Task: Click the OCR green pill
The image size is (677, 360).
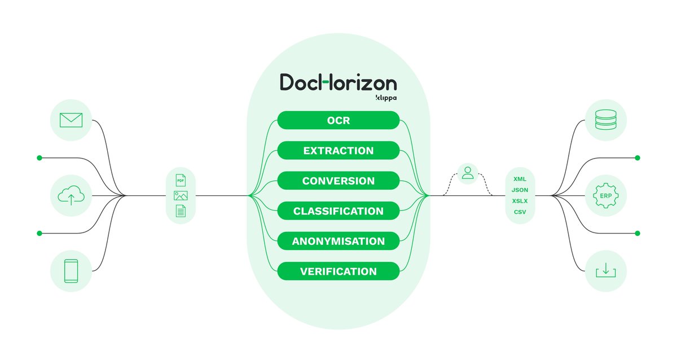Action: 338,121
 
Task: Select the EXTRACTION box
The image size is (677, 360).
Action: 338,151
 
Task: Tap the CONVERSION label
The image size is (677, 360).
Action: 338,181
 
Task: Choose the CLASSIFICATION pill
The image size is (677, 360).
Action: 338,212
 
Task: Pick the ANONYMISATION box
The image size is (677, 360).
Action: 338,242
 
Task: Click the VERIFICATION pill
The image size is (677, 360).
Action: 338,271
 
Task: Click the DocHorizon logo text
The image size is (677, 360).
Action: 338,83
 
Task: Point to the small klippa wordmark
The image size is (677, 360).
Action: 386,98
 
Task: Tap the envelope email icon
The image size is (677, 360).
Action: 71,120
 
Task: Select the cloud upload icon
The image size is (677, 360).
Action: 71,196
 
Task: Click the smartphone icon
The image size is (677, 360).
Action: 71,271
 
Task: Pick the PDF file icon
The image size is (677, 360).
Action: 181,181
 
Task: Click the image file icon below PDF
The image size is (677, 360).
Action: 181,196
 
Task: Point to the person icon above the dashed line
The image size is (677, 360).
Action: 468,173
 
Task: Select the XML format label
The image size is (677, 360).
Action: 520,179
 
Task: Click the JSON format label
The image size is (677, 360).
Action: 520,190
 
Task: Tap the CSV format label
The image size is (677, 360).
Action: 520,212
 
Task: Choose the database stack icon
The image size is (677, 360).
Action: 606,120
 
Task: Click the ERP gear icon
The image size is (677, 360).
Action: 606,196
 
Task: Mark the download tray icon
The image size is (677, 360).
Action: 606,271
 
